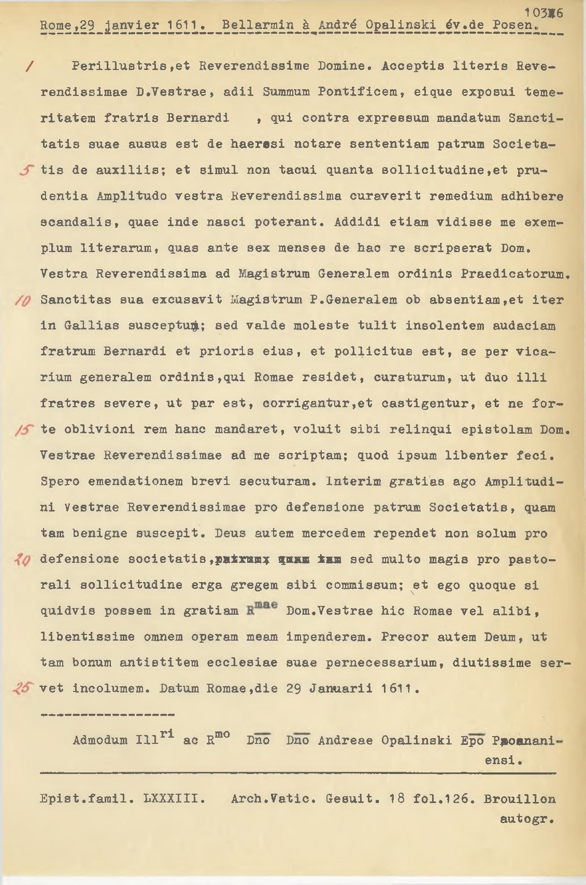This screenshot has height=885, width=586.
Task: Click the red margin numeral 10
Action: pyautogui.click(x=27, y=300)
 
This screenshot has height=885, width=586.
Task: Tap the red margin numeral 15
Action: pyautogui.click(x=26, y=430)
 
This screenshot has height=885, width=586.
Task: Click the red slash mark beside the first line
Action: pyautogui.click(x=27, y=66)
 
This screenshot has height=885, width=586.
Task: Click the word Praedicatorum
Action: pyautogui.click(x=515, y=274)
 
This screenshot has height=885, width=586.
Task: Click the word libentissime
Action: pyautogui.click(x=88, y=637)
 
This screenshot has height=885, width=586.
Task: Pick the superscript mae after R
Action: pyautogui.click(x=266, y=605)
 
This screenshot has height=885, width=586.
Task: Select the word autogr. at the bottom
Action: pyautogui.click(x=526, y=819)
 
